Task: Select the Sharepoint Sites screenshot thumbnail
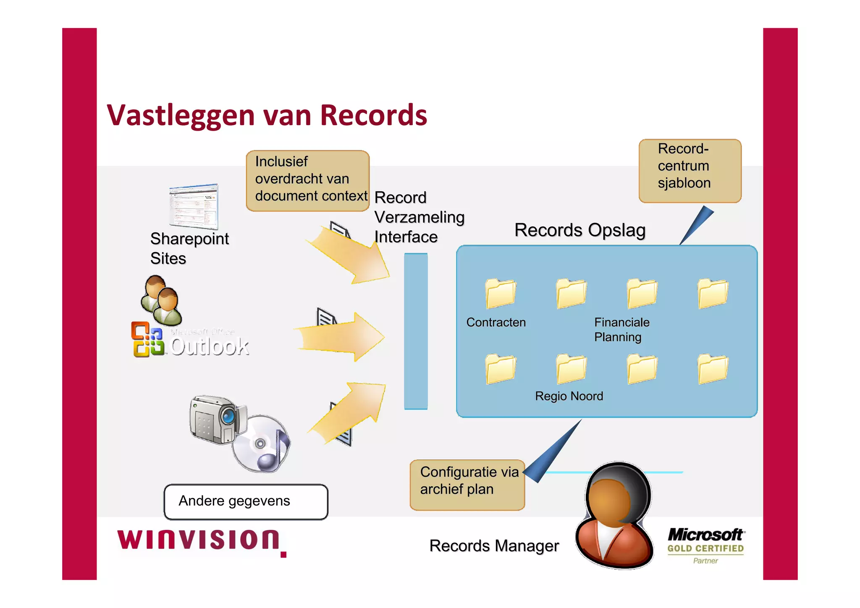tap(194, 206)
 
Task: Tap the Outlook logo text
tap(209, 347)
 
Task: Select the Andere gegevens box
tap(246, 502)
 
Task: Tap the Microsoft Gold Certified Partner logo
tap(705, 545)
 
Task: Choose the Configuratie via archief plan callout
tap(467, 484)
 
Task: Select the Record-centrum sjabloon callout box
tap(690, 171)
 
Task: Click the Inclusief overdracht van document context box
tap(307, 180)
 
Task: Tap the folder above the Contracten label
tap(500, 293)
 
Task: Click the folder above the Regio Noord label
tap(571, 368)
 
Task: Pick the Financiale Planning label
tap(621, 329)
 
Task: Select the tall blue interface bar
tap(416, 331)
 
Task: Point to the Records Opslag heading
tap(579, 230)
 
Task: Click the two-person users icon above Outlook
tap(161, 301)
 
